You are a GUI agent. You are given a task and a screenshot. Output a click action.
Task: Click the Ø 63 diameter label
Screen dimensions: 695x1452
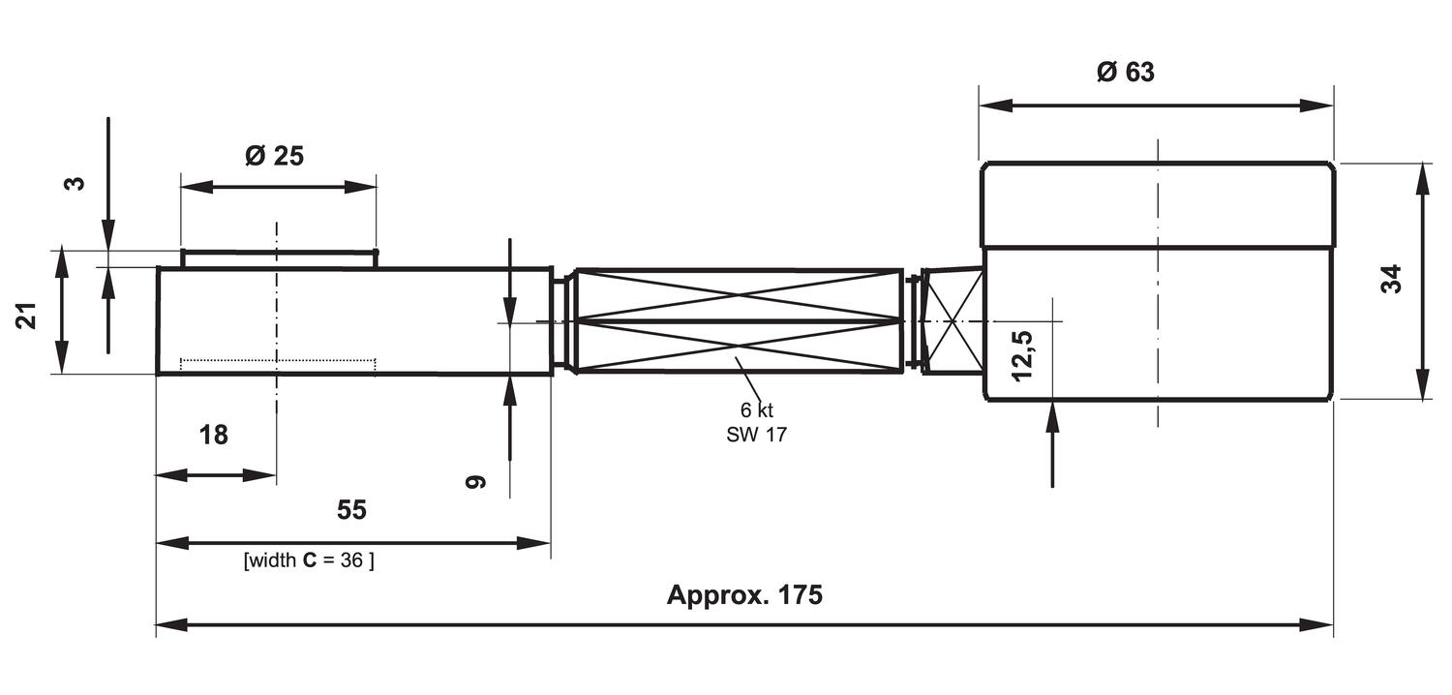tap(1126, 73)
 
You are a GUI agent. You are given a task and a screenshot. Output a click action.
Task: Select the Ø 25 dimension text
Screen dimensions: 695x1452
tap(274, 156)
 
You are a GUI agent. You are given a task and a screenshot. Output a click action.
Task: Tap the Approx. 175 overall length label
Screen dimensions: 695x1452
tap(743, 594)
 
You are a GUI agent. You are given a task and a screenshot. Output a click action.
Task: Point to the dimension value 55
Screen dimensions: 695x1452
tap(351, 510)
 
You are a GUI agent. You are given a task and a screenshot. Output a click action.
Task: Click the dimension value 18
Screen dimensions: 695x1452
tap(214, 436)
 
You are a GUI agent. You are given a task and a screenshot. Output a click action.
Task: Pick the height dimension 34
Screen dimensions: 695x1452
tap(1391, 280)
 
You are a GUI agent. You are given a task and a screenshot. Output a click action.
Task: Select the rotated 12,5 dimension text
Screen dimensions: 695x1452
tap(1022, 355)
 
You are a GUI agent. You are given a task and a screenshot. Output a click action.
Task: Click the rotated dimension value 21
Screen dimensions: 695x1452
tap(26, 316)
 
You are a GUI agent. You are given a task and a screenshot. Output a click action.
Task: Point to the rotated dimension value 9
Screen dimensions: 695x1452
tap(475, 481)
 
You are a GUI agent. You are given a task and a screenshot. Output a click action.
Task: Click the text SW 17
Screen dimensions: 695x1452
tap(756, 435)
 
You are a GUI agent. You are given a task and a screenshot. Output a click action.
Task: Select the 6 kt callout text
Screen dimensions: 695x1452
tap(756, 410)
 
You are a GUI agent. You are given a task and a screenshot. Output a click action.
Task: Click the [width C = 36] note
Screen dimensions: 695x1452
tap(309, 560)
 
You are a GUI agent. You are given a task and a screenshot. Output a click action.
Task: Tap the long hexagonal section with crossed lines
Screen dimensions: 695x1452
tap(739, 321)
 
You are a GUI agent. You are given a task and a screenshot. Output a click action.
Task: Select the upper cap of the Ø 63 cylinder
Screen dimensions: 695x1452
tap(1158, 205)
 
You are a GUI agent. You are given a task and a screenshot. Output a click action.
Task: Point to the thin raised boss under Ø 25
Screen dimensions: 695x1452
tap(279, 258)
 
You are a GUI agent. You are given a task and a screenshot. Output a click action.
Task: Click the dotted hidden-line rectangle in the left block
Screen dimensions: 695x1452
tap(278, 364)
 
